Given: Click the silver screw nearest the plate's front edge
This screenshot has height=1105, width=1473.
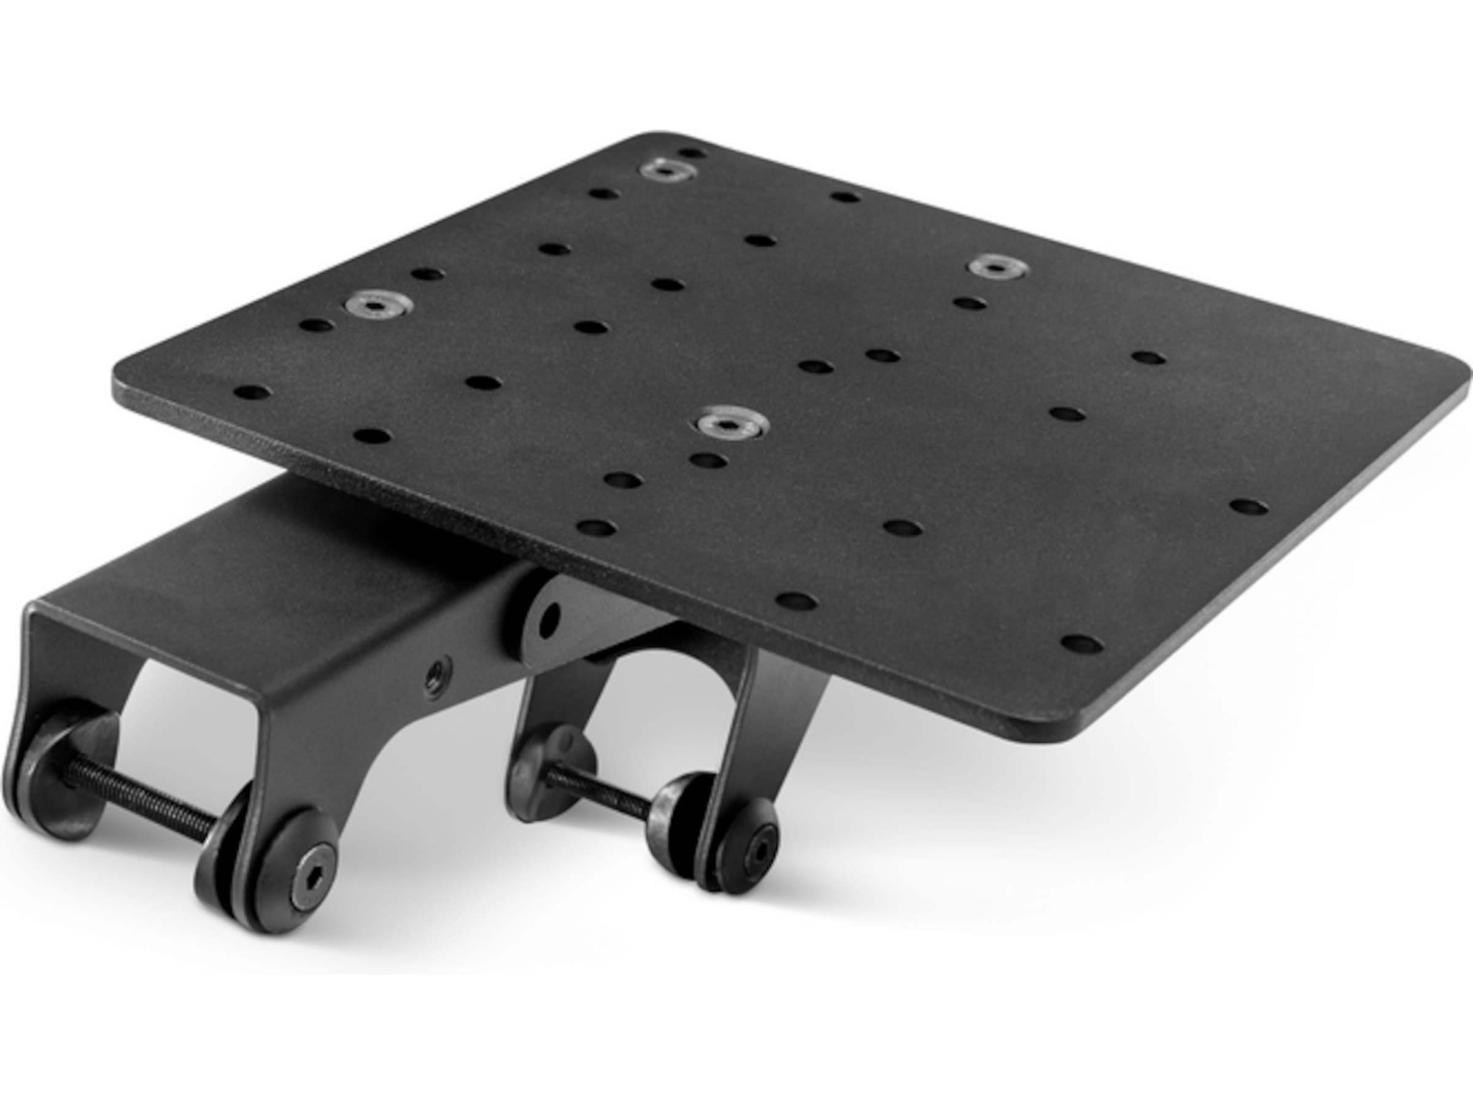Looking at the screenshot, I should click(730, 422).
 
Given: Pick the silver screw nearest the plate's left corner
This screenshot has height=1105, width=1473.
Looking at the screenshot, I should click(377, 305).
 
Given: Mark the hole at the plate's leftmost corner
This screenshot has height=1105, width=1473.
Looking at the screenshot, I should click(252, 392).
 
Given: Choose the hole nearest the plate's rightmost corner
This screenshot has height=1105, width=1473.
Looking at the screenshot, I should click(1248, 506).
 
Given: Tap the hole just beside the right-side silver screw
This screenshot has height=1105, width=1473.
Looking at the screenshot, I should click(970, 304).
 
